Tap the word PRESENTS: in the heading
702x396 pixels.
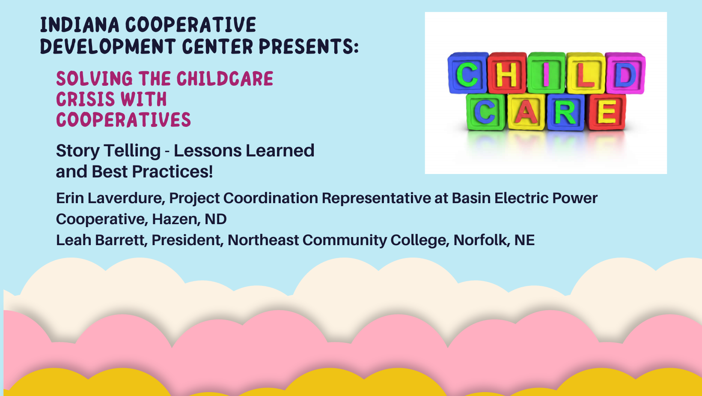pos(309,46)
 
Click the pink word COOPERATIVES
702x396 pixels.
pos(123,120)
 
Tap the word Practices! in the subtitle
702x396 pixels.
pos(173,171)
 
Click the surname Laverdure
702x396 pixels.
pos(126,198)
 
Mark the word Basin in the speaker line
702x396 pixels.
pos(472,198)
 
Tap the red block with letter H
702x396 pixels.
pos(507,73)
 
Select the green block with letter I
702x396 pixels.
pos(547,73)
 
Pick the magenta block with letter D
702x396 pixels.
pos(625,73)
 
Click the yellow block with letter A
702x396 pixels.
pos(526,112)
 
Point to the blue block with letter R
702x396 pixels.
pos(566,112)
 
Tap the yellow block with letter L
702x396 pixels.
pos(586,73)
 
